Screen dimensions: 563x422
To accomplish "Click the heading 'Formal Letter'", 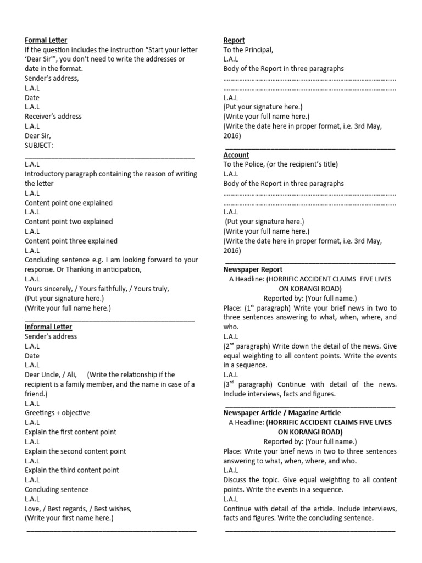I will (46, 40).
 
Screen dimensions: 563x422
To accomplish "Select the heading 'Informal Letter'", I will (48, 327).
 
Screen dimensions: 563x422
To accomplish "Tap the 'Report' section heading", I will (234, 40).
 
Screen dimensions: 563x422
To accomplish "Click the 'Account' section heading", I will (236, 155).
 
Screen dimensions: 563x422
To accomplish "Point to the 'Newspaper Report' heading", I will (253, 269).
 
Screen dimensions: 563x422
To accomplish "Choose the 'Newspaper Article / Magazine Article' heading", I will (282, 412).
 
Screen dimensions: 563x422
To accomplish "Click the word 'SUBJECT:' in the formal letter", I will (39, 145).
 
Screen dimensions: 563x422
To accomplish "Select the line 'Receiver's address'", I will (53, 117).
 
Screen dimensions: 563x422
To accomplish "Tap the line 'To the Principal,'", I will (248, 50).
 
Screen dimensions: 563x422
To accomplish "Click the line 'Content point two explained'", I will (69, 222).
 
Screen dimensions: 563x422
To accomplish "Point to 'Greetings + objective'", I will (57, 413).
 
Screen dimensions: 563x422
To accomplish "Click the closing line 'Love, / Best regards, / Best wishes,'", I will (78, 509).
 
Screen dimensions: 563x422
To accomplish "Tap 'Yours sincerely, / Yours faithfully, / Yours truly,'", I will (97, 289).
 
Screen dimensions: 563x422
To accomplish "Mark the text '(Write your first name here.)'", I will (69, 518).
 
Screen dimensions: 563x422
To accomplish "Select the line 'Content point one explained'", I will (69, 203).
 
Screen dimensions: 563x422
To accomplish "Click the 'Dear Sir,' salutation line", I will (39, 136).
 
